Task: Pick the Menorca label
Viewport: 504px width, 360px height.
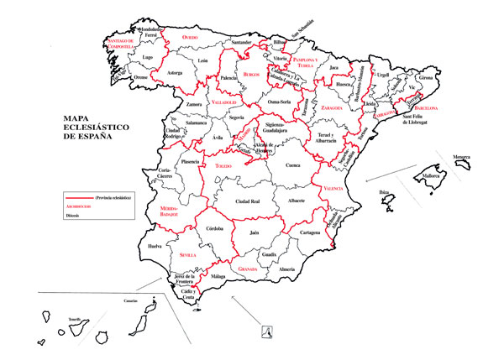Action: (x=462, y=157)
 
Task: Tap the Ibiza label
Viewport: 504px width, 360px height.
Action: (x=386, y=193)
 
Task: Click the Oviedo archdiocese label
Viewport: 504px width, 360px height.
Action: (x=194, y=37)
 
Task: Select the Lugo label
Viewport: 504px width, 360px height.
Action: (x=148, y=57)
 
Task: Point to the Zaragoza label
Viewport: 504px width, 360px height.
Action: (x=333, y=108)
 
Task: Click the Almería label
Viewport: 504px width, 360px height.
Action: (x=287, y=269)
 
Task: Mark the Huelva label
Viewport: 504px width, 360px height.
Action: (x=155, y=247)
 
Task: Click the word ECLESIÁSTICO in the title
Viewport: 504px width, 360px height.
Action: (x=82, y=128)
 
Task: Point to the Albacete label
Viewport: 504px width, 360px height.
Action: (x=296, y=201)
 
